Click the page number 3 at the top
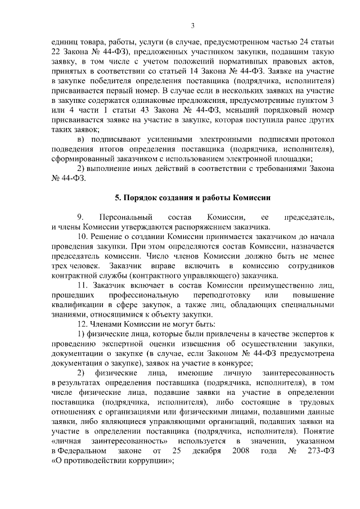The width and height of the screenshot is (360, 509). coord(193,25)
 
